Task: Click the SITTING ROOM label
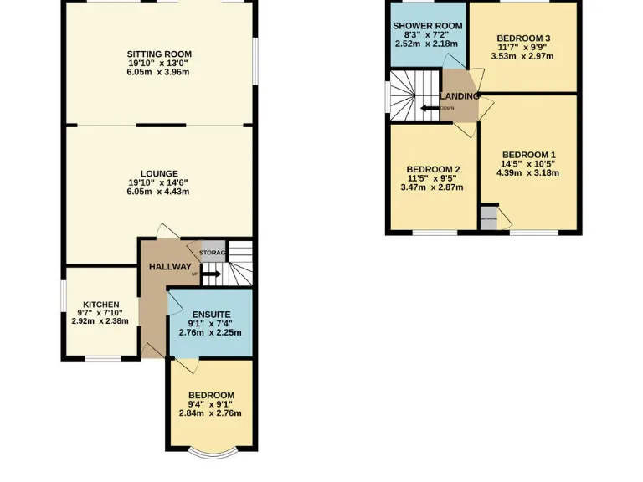[x=159, y=54]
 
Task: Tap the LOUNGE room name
[x=159, y=174]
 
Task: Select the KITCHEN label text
[x=100, y=305]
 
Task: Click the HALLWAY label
[x=170, y=267]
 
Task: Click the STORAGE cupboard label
[x=212, y=252]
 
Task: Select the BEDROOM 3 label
[x=523, y=38]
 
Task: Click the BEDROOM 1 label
[x=528, y=155]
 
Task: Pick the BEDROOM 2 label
[x=433, y=169]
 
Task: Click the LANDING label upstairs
[x=461, y=96]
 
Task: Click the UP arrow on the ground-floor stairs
[x=209, y=274]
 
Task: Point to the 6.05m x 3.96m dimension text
[x=159, y=72]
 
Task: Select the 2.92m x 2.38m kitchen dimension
[x=100, y=320]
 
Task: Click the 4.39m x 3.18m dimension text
[x=528, y=173]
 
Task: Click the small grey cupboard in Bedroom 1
[x=488, y=218]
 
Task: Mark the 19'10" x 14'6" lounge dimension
[x=159, y=183]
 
